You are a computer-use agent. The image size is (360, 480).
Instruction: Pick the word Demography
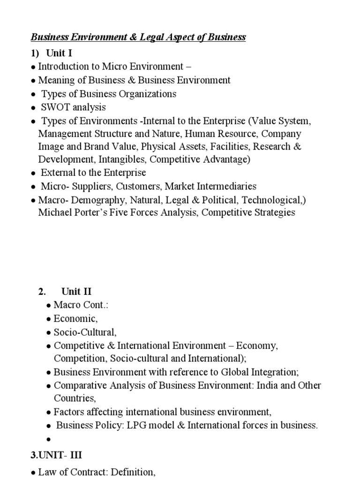click(96, 200)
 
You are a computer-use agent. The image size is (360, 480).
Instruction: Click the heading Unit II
click(79, 292)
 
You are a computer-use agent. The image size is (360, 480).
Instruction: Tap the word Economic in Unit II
click(75, 319)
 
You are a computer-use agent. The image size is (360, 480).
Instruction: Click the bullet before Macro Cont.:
click(49, 306)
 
